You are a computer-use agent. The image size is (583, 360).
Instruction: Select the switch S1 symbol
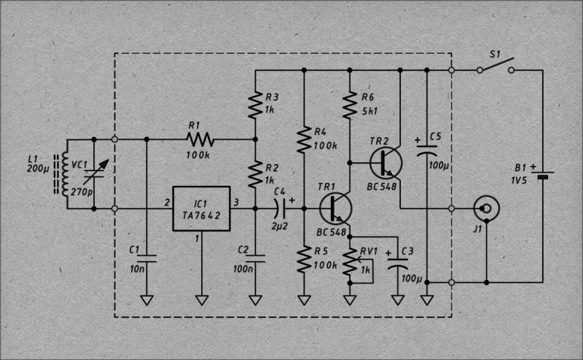pyautogui.click(x=496, y=66)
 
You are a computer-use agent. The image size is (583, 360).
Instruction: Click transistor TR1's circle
pyautogui.click(x=335, y=208)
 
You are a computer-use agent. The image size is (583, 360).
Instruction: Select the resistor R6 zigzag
pyautogui.click(x=350, y=103)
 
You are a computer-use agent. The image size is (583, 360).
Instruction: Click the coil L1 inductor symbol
pyautogui.click(x=63, y=173)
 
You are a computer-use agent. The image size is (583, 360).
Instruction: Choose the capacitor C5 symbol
pyautogui.click(x=426, y=151)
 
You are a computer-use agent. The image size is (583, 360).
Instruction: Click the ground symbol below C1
pyautogui.click(x=147, y=300)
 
